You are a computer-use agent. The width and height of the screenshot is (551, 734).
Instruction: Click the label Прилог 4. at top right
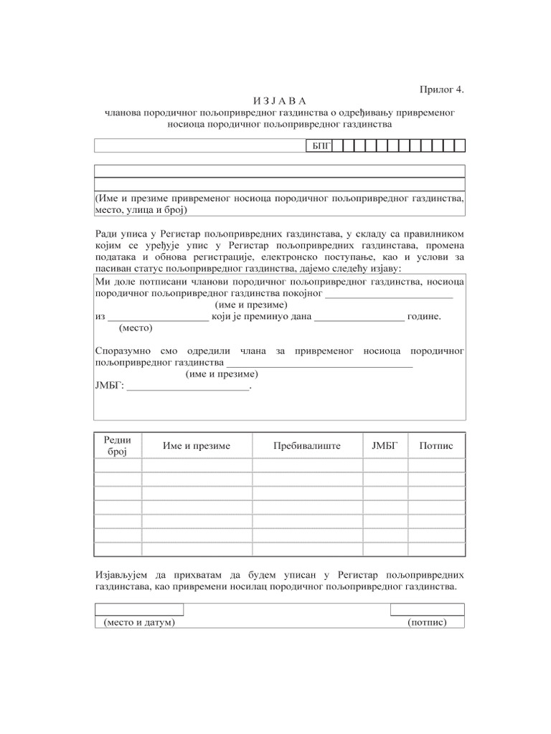pyautogui.click(x=442, y=90)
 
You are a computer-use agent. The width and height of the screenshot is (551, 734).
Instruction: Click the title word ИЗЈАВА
pyautogui.click(x=280, y=101)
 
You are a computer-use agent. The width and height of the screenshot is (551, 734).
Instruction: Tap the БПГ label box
pyautogui.click(x=319, y=146)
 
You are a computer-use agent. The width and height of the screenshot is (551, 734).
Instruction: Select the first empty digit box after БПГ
pyautogui.click(x=336, y=146)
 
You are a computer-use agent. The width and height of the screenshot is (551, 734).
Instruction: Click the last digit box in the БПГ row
pyautogui.click(x=460, y=146)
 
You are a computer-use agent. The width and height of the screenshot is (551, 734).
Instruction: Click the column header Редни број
pyautogui.click(x=117, y=446)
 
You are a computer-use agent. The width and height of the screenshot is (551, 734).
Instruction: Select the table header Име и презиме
pyautogui.click(x=197, y=446)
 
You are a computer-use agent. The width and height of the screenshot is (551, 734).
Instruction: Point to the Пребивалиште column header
pyautogui.click(x=307, y=446)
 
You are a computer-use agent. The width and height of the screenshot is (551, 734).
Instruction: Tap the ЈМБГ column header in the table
pyautogui.click(x=385, y=446)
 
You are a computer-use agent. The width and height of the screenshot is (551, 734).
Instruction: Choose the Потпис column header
pyautogui.click(x=436, y=446)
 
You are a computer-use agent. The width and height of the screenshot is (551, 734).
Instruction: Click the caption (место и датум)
pyautogui.click(x=139, y=622)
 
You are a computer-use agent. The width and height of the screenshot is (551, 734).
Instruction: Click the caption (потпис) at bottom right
pyautogui.click(x=427, y=622)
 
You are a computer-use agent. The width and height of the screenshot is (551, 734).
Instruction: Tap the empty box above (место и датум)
pyautogui.click(x=139, y=609)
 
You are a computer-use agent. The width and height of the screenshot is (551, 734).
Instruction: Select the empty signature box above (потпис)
pyautogui.click(x=427, y=609)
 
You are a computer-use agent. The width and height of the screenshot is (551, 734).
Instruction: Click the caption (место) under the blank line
pyautogui.click(x=136, y=328)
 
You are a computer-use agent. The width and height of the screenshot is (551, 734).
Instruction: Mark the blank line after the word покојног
pyautogui.click(x=390, y=293)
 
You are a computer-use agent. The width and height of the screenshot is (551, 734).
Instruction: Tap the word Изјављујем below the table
pyautogui.click(x=123, y=575)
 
